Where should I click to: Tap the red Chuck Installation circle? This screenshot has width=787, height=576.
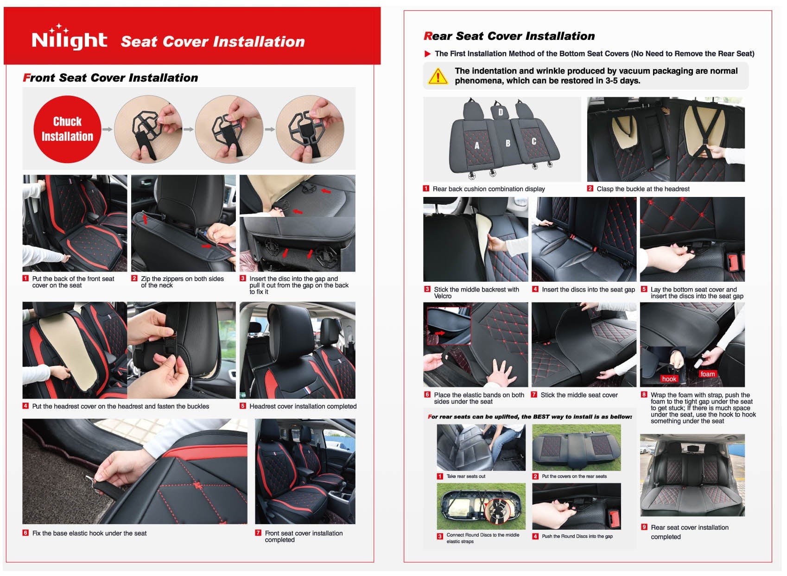[x=68, y=129]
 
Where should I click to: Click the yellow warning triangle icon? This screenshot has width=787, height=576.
[x=438, y=76]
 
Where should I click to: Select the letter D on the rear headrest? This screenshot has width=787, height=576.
[x=500, y=112]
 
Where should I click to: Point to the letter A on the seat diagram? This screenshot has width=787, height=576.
[x=477, y=146]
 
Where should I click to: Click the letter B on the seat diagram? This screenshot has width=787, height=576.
[x=508, y=143]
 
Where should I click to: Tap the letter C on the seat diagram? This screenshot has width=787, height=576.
[x=533, y=141]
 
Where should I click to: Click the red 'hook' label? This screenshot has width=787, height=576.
[x=669, y=379]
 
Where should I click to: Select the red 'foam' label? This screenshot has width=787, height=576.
[x=707, y=374]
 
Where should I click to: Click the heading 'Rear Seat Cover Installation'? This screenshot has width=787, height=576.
[x=509, y=36]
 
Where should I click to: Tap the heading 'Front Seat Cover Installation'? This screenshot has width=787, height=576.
[x=110, y=78]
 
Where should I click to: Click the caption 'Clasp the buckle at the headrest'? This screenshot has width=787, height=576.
[x=643, y=189]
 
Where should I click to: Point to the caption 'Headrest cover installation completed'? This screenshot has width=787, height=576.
[x=303, y=406]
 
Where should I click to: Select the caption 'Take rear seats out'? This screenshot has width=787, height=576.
[x=466, y=477]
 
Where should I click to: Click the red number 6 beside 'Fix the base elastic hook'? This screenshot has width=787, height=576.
[x=25, y=533]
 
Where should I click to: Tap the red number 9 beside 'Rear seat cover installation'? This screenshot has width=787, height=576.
[x=644, y=527]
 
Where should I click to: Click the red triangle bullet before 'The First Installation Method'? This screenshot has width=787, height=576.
[x=427, y=54]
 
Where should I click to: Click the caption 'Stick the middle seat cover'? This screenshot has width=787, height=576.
[x=579, y=395]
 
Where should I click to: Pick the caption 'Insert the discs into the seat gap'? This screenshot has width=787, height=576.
[x=588, y=290]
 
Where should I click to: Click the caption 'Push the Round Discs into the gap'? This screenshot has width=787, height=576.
[x=577, y=536]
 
